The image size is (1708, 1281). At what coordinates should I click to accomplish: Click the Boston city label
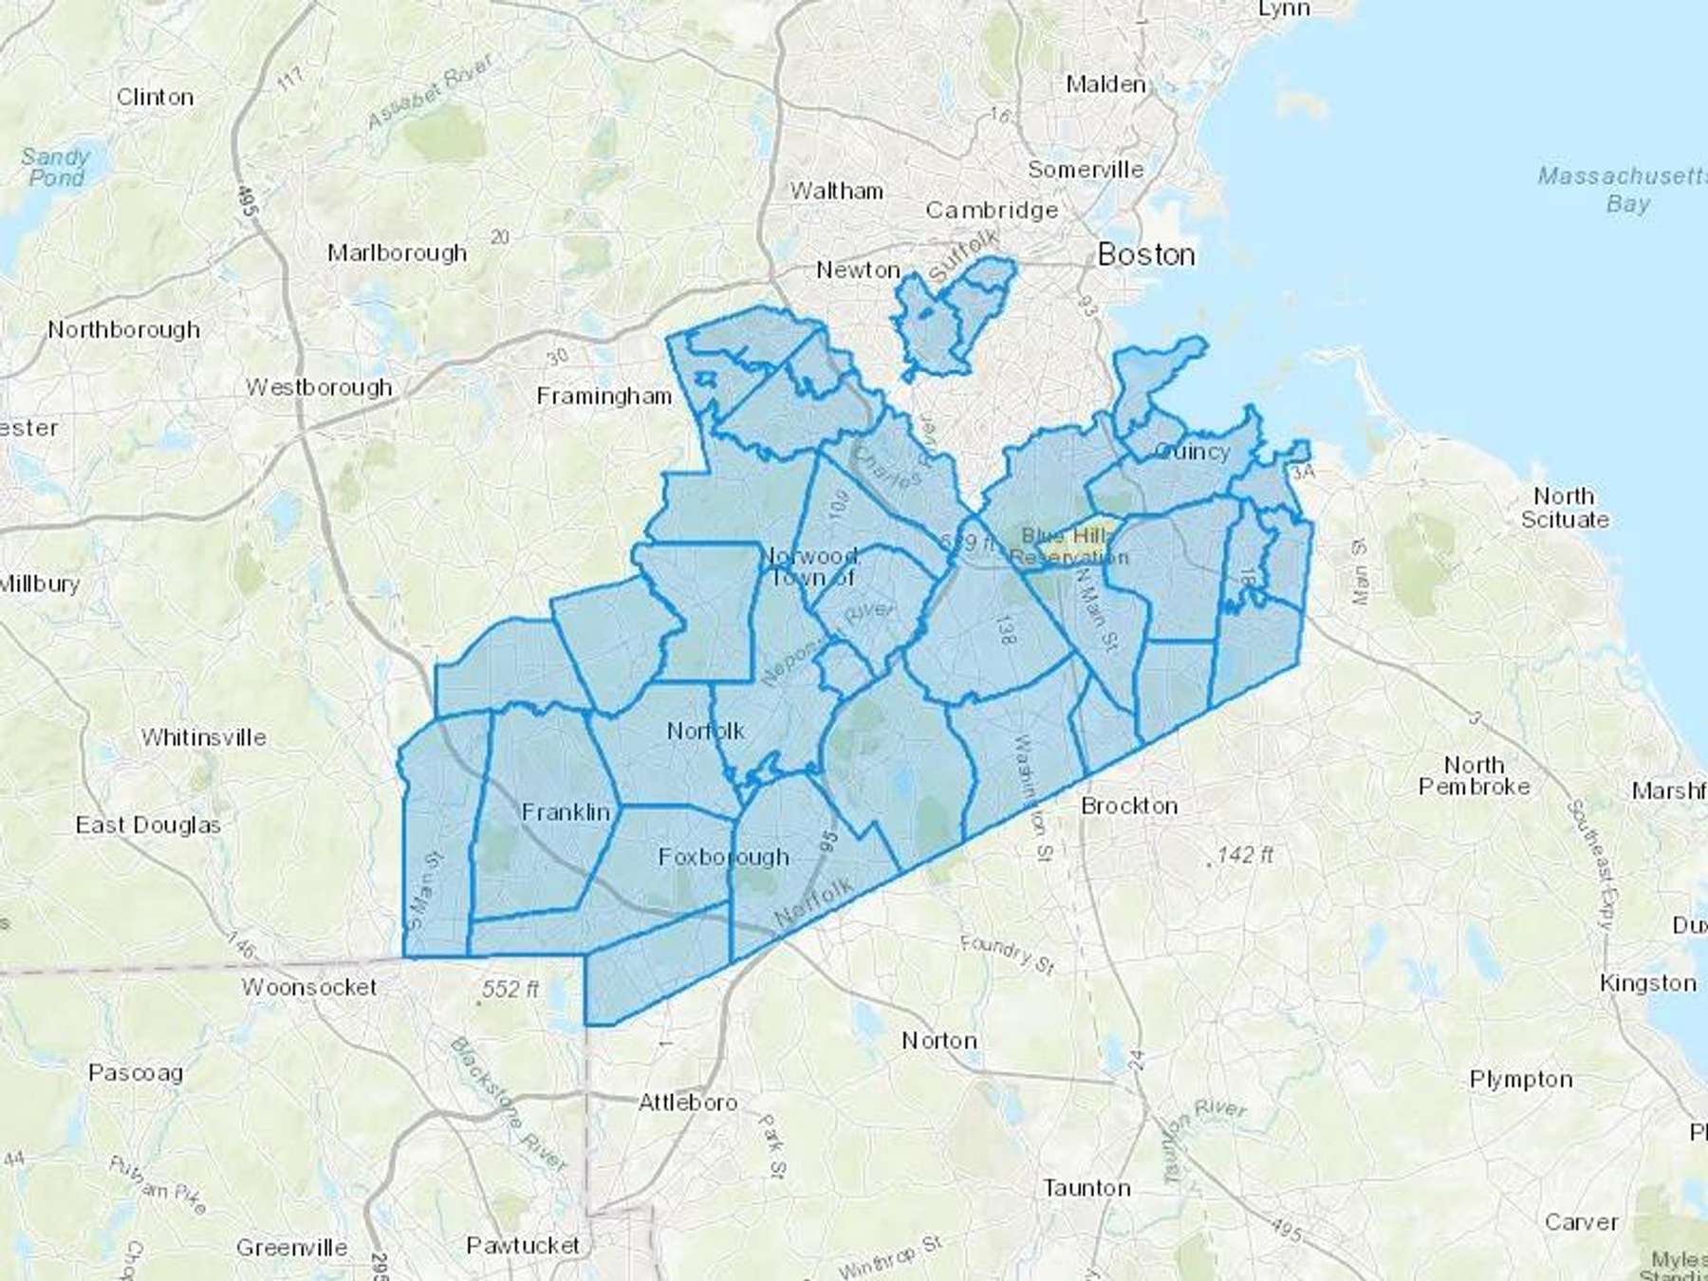coord(1145,254)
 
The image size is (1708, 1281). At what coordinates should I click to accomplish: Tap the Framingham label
coord(604,396)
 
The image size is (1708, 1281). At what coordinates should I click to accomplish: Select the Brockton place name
coord(1129,806)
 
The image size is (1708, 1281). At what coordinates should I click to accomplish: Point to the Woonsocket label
coord(309,987)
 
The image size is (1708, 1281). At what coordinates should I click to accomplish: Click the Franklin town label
coord(566,812)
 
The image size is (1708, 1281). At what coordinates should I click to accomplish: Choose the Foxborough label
coord(723,857)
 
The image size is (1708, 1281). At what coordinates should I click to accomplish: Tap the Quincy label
coord(1192,452)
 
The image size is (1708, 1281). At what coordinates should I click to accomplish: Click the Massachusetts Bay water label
coord(1622,190)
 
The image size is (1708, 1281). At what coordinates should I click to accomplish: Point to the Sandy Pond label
coord(55,167)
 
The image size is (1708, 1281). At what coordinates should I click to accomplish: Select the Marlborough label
coord(397,253)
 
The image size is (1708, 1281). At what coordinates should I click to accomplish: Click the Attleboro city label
coord(688,1103)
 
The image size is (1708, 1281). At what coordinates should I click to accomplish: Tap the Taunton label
coord(1086,1188)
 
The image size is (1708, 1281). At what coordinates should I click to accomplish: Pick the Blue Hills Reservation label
coord(1067,547)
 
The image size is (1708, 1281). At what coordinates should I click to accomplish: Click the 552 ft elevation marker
coord(510,990)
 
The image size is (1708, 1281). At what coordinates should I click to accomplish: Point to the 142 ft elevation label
coord(1243,855)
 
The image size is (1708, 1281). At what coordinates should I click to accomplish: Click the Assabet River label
coord(432,91)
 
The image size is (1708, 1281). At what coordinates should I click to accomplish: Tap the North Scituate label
coord(1565,508)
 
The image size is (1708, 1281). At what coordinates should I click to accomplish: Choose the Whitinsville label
coord(204,737)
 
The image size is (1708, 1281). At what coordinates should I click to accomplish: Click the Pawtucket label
coord(523,1245)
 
